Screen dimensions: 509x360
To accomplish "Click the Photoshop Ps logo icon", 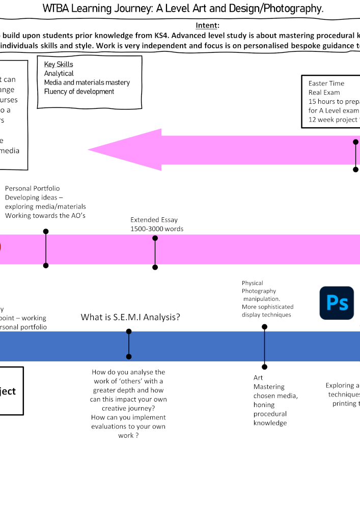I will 337,303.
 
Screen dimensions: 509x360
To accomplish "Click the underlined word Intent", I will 207,25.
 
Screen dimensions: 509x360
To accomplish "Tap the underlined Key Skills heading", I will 59,65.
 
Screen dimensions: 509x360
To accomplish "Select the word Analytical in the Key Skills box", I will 59,74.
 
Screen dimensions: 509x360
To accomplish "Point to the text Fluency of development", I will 79,92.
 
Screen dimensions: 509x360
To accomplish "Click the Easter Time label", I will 326,83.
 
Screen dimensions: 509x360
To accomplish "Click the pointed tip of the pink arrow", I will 90,150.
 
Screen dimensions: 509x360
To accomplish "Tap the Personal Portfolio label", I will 32,188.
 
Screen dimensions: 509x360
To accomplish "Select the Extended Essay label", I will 154,220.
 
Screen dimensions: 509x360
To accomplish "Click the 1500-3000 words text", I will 157,229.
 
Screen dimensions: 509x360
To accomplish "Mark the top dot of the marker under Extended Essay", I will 155,238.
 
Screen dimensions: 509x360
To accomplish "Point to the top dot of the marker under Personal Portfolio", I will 46,232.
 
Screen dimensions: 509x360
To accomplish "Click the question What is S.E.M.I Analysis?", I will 130,318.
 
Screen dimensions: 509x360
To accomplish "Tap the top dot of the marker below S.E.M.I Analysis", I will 129,332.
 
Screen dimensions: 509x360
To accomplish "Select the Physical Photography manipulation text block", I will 267,299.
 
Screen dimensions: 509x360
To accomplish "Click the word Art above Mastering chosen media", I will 258,378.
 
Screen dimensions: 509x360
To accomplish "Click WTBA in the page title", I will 54,9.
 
